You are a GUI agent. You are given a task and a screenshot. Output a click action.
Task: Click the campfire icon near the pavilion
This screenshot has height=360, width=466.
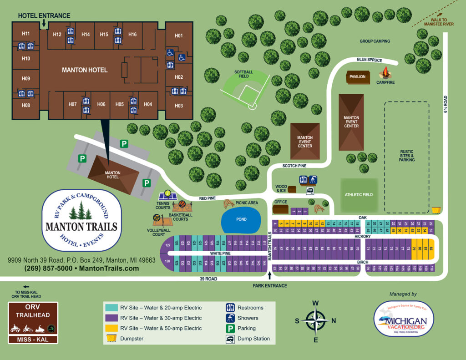[385, 73]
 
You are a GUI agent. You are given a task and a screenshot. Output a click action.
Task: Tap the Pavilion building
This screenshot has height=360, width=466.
[357, 76]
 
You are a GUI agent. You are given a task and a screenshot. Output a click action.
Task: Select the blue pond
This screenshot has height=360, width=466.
[241, 219]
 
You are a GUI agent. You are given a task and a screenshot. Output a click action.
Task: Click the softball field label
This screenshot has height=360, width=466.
[243, 74]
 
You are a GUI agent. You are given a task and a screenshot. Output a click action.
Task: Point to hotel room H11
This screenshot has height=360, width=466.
[25, 34]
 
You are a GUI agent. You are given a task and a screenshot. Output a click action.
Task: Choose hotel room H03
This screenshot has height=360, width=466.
[178, 106]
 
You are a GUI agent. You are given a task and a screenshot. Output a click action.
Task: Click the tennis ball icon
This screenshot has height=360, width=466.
[168, 193]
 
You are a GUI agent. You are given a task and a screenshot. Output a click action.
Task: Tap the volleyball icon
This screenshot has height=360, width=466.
[156, 218]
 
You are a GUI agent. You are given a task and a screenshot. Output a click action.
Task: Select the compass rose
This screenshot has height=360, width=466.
[315, 321]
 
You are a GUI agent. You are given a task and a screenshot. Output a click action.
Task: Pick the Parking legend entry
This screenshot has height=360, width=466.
[246, 328]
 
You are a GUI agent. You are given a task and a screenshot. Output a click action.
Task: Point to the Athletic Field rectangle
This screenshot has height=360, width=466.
[359, 194]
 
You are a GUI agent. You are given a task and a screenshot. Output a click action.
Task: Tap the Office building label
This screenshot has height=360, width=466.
[280, 202]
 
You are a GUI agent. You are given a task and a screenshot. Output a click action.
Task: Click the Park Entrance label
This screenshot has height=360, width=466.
[270, 286]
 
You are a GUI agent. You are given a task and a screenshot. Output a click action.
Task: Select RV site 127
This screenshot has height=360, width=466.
[167, 245]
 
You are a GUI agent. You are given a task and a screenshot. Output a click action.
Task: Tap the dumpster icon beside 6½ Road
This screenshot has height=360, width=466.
[436, 210]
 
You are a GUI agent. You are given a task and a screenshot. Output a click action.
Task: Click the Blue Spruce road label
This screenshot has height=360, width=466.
[370, 60]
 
